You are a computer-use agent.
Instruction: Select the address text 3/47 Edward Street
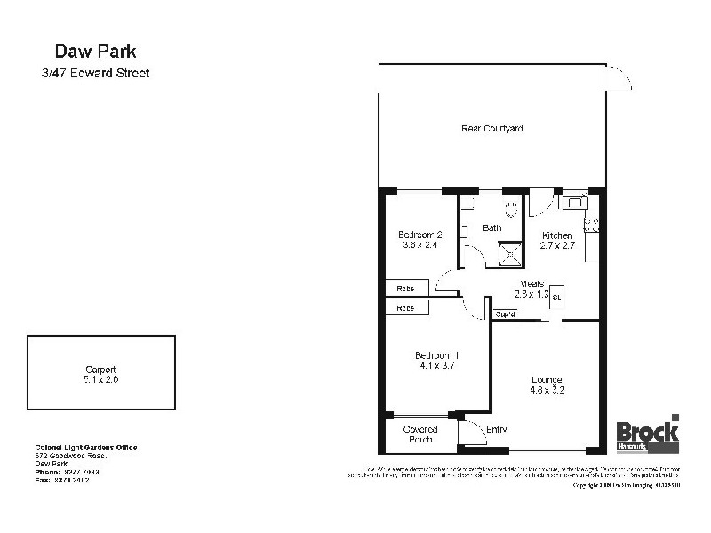click(97, 74)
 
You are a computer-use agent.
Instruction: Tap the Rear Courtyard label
click(491, 129)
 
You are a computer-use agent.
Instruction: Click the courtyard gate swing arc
click(619, 78)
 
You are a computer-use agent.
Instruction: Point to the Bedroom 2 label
click(420, 235)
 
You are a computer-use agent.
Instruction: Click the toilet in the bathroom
click(511, 210)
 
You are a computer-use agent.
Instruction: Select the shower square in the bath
click(512, 254)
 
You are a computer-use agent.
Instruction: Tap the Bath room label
click(491, 228)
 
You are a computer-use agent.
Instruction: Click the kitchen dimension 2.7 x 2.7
click(557, 246)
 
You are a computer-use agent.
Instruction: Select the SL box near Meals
click(557, 297)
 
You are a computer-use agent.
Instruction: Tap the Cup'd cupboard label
click(506, 314)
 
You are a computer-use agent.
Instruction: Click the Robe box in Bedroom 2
click(406, 289)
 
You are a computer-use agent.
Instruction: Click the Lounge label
click(547, 379)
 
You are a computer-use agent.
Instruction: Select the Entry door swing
click(472, 433)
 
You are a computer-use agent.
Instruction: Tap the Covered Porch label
click(421, 434)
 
